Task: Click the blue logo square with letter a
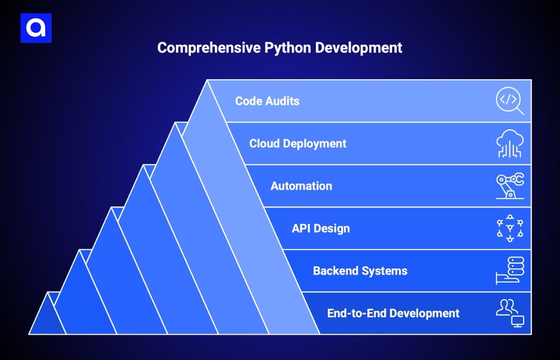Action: coord(36,28)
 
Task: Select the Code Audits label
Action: coord(267,101)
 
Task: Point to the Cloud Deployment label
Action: coord(297,143)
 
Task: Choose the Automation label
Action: coord(301,186)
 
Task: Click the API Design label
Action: coord(321,228)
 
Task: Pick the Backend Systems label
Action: coord(360,271)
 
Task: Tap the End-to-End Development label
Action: coord(393,313)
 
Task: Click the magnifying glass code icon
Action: coord(509,101)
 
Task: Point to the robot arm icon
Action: coord(510,186)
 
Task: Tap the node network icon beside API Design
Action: coord(510,228)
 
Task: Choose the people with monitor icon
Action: coord(510,313)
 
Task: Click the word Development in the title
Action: coord(359,48)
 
